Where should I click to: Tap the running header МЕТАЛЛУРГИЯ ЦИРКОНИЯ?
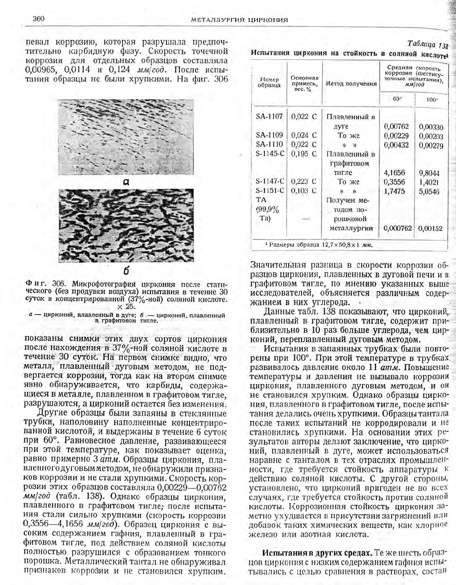[239, 20]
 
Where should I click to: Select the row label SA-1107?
[269, 116]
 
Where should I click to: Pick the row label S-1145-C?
[270, 154]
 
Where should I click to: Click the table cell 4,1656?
[394, 173]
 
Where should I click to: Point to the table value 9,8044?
[429, 173]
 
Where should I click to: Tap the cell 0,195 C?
[304, 154]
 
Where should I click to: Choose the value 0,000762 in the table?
[398, 228]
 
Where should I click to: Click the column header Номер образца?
[269, 82]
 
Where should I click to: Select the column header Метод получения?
[351, 84]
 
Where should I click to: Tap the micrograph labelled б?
[126, 226]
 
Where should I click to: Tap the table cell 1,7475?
[394, 191]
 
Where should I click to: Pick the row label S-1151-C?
[270, 190]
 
